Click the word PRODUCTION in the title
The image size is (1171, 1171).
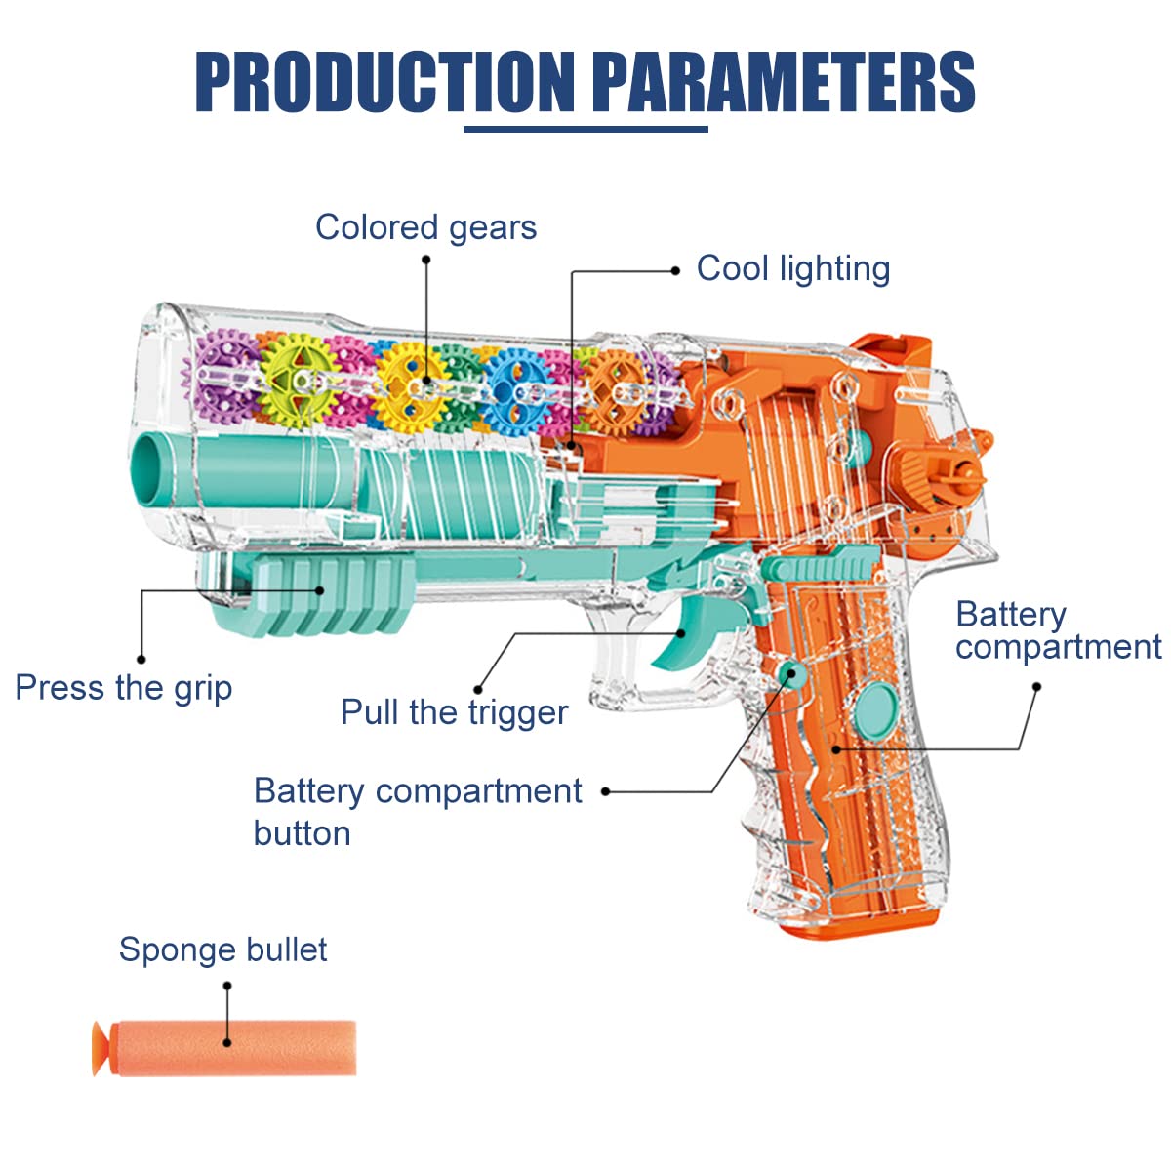(385, 82)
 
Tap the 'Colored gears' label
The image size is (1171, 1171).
(425, 227)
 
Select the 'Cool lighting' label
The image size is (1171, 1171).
(792, 268)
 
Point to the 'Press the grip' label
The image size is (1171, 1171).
(124, 688)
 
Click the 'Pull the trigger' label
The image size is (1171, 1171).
(454, 712)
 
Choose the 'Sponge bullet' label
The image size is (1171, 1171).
(222, 949)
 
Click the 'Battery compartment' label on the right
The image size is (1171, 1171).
(1058, 630)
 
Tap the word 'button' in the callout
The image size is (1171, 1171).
(302, 833)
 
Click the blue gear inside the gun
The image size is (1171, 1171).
(515, 390)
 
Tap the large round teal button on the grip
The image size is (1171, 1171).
(875, 709)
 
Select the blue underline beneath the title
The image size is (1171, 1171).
(585, 127)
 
